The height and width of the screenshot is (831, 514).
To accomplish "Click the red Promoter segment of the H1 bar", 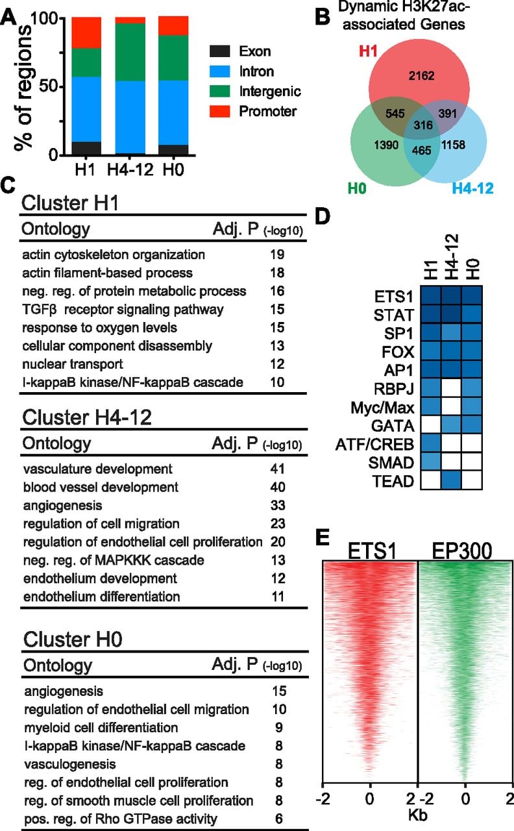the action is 86,32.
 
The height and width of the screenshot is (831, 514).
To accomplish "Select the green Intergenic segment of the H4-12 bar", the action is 130,53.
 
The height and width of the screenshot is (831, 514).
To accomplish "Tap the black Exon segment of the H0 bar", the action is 173,149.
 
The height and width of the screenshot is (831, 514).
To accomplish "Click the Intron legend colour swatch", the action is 219,71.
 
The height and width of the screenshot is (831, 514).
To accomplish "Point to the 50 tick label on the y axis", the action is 48,86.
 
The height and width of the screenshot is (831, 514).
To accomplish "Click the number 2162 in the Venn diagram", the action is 421,76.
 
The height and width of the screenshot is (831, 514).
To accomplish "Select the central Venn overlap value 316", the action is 423,125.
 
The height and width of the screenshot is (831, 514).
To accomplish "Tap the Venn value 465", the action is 422,150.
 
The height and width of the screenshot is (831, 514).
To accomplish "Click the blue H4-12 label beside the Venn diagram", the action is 473,188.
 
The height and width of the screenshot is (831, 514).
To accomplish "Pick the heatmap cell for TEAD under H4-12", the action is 451,480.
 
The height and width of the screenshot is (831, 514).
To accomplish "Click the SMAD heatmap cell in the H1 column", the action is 431,462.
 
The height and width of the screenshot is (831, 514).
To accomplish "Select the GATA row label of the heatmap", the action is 393,426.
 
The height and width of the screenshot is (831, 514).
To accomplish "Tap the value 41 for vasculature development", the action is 277,469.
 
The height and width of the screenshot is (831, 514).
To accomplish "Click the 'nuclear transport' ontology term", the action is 73,364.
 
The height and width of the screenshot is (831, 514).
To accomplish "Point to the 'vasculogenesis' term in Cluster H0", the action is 70,764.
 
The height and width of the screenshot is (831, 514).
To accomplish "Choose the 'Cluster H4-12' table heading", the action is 87,417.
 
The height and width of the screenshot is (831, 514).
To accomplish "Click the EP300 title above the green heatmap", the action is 462,551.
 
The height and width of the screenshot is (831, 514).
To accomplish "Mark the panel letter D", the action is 323,216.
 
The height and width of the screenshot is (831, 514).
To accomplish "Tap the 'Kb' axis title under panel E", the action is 417,815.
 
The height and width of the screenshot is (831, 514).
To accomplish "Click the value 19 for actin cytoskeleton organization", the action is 277,254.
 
